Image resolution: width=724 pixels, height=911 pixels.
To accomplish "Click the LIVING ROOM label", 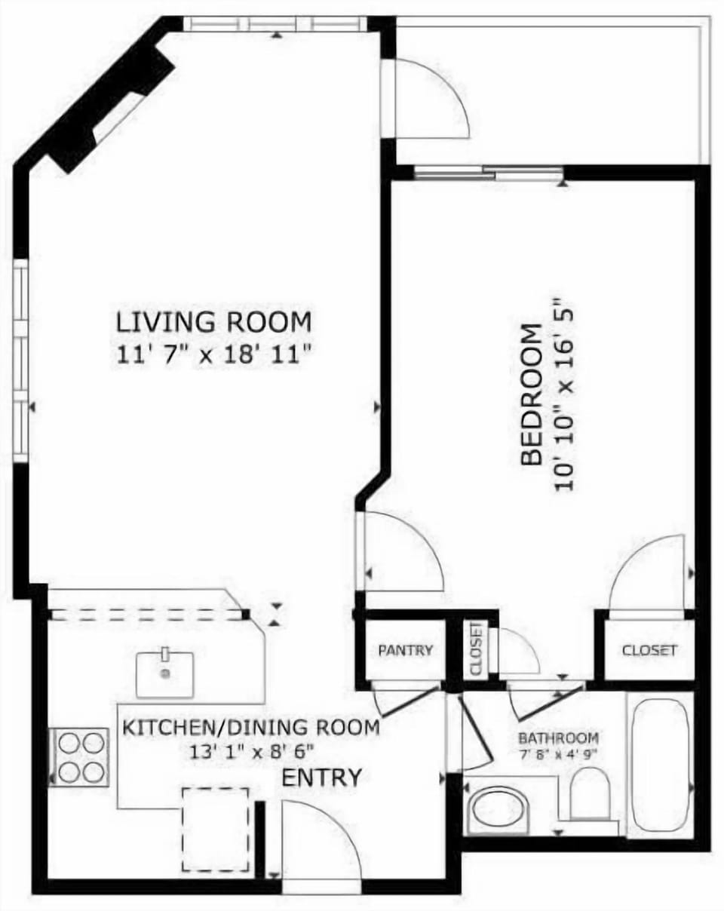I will [x=213, y=322].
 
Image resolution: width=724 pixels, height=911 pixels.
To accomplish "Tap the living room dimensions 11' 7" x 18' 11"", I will [x=214, y=354].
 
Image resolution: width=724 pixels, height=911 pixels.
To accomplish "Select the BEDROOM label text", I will [x=532, y=394].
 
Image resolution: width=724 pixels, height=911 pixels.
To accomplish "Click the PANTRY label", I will [x=406, y=650].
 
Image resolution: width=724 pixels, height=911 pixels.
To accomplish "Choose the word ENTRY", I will [x=321, y=778].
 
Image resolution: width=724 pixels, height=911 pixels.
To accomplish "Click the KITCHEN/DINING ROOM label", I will [x=250, y=728].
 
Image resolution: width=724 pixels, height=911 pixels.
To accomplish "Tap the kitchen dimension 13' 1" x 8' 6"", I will [x=252, y=751].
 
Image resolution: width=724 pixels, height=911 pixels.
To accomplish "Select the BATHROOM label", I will [x=558, y=738].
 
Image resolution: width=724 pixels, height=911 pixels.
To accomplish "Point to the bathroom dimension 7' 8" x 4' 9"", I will [x=558, y=753].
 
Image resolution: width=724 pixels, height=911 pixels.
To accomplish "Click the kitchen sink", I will [x=164, y=673].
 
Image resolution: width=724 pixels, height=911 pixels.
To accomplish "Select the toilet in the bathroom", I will [x=589, y=795].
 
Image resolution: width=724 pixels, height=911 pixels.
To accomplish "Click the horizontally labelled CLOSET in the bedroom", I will [x=649, y=650].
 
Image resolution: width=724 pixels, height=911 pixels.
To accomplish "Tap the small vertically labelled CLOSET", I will [x=476, y=649].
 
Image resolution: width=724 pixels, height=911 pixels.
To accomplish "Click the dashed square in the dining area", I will [x=216, y=829].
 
